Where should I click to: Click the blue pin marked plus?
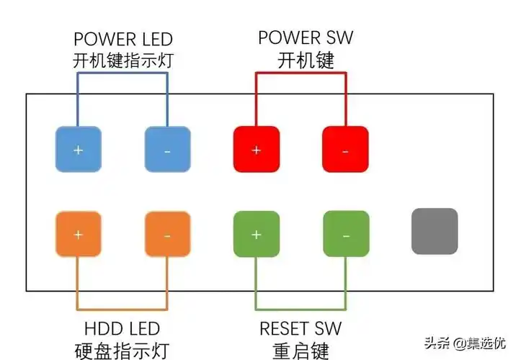79,150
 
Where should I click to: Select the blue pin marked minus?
167,150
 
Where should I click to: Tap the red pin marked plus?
256,150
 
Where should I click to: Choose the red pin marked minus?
344,150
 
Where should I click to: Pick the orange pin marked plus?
79,235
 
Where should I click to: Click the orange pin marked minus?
167,235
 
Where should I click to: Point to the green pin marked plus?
256,235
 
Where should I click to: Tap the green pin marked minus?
344,235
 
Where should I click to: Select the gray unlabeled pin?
434,231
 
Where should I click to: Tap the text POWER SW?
306,37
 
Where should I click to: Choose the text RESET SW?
301,330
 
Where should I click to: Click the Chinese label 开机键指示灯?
123,61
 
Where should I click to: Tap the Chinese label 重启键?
301,351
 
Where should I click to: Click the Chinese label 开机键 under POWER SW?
306,60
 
